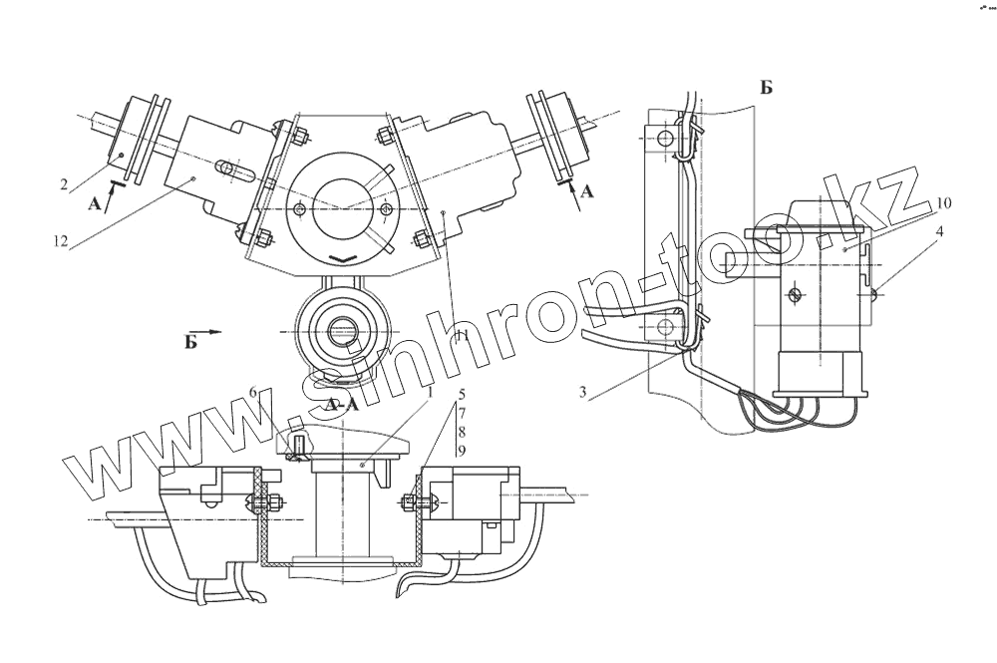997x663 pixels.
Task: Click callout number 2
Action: pyautogui.click(x=64, y=184)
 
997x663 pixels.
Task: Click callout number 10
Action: pyautogui.click(x=944, y=203)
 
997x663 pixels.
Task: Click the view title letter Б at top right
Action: pyautogui.click(x=766, y=88)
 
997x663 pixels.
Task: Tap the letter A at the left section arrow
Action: pyautogui.click(x=96, y=203)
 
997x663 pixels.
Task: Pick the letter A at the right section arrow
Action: pyautogui.click(x=586, y=192)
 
